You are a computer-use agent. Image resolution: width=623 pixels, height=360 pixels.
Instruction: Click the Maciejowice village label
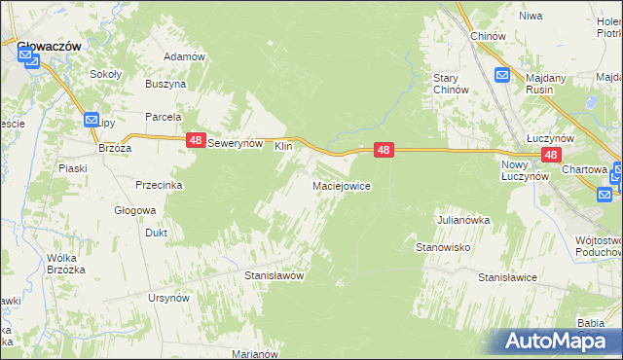coord(341,185)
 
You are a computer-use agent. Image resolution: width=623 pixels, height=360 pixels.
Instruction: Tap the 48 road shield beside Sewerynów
coord(195,141)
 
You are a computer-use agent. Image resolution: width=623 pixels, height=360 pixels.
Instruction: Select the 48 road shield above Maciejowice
coord(385,150)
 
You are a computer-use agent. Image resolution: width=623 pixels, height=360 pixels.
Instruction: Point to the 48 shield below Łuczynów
coord(551,155)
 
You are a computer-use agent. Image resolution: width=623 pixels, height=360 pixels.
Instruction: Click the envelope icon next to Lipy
coord(92,120)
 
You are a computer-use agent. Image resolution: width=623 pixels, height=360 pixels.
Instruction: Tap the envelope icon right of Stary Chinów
coord(502,74)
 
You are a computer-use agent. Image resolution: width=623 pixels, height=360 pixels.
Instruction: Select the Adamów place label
coord(185,56)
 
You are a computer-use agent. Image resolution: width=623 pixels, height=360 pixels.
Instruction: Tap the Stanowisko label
coord(444,248)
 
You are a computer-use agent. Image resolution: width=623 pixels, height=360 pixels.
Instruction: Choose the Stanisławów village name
coord(275,275)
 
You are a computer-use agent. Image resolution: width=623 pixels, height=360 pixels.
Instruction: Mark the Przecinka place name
coord(160,185)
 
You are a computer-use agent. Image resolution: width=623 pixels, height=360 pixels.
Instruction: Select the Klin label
coord(283,146)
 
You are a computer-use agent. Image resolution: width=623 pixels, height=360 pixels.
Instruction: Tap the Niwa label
coord(531,16)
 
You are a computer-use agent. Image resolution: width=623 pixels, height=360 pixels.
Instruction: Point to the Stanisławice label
coord(507,277)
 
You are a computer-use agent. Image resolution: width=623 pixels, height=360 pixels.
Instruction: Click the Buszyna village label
coord(165,85)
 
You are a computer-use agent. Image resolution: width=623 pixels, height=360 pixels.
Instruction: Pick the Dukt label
coord(156,234)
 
